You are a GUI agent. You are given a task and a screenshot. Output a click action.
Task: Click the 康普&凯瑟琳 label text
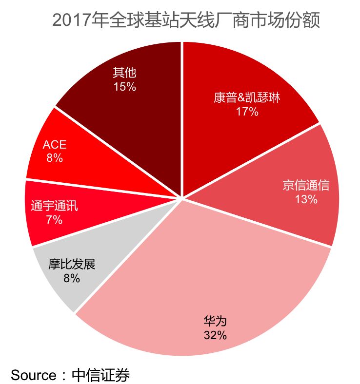[x=247, y=98]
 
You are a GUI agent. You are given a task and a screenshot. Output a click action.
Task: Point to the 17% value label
[x=247, y=112]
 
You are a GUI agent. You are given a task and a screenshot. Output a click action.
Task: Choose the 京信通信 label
[x=306, y=186]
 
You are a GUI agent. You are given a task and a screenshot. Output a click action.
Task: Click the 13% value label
[x=306, y=199]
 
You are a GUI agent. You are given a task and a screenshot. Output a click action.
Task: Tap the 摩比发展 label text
[x=71, y=265]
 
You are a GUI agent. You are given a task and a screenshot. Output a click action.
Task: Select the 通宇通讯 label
[x=54, y=206]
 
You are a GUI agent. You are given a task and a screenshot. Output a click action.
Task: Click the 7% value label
[x=54, y=220]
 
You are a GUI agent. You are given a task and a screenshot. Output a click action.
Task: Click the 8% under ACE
[x=54, y=158]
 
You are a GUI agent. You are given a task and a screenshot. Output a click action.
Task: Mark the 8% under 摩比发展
[x=71, y=278]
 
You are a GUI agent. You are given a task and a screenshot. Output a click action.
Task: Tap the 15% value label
[x=124, y=87]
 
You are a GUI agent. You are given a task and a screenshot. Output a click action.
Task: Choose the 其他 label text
[x=124, y=73]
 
